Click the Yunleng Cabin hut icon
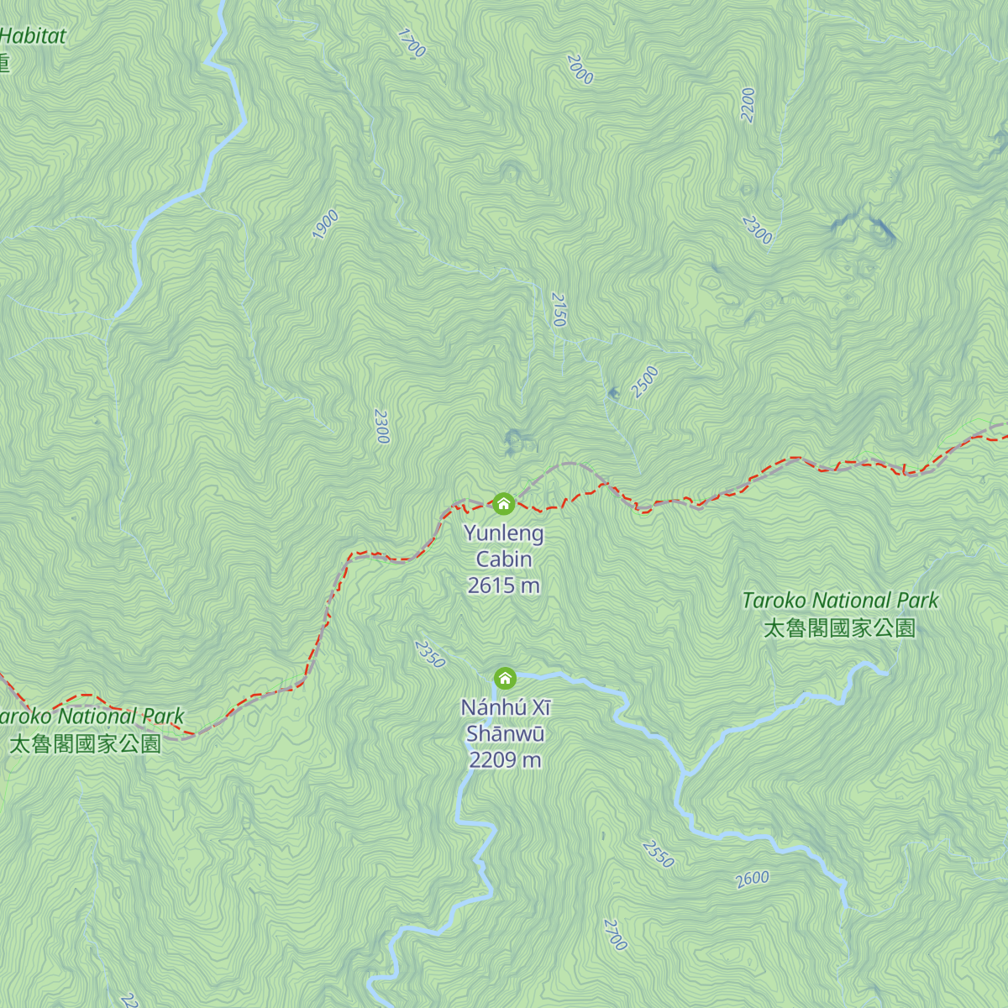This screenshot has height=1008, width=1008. coord(503,504)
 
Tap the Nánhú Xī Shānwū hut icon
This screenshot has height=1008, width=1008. coord(504,678)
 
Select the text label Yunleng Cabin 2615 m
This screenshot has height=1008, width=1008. coord(504,559)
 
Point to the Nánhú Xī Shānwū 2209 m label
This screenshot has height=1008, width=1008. coord(505,733)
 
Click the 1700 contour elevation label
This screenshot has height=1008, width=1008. coord(411,44)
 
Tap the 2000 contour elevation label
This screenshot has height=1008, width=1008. coord(580,70)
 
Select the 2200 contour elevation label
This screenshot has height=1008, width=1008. coord(748,105)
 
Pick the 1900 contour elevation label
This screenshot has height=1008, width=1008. coord(325,224)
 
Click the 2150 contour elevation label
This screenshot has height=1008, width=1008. coord(559,309)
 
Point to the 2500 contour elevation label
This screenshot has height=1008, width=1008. coord(645,382)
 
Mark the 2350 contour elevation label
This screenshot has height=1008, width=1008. coord(429,654)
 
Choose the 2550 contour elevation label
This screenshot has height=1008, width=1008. coord(658,853)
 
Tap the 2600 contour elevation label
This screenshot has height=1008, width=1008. coord(752,879)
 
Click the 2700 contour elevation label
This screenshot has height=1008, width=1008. coord(615,935)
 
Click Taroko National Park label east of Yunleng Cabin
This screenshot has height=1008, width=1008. coord(840,601)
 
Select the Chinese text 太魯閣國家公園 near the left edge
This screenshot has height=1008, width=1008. coord(84,744)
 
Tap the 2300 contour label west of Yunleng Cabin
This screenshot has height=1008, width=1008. coord(381,426)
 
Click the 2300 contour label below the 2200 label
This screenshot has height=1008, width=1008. coord(757,229)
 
